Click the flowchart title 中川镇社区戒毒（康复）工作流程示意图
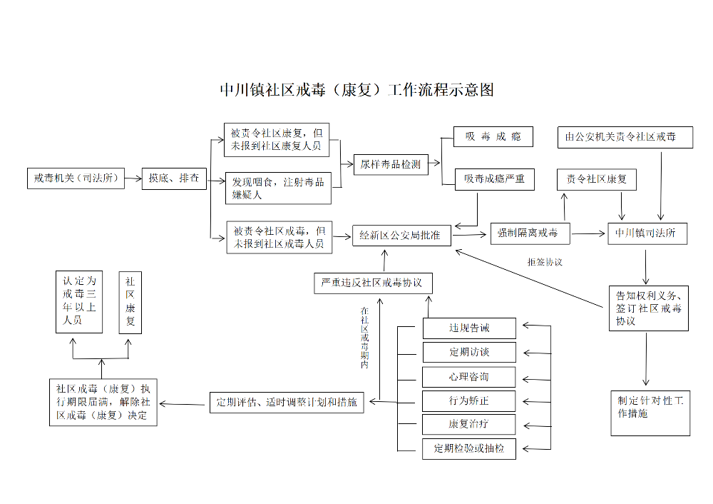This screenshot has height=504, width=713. tap(356, 90)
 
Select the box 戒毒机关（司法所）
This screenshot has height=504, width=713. tap(76, 178)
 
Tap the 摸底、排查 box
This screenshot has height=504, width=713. tap(174, 178)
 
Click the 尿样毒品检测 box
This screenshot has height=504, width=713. tap(390, 164)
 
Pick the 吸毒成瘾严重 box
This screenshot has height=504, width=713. tap(495, 178)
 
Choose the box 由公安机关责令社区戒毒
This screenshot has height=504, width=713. tap(625, 136)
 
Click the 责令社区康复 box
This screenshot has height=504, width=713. tap(596, 179)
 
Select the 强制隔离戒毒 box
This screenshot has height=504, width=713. tap(528, 233)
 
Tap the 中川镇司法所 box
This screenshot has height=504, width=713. tap(647, 233)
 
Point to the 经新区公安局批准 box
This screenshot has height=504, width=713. tap(401, 235)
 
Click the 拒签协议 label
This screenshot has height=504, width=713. tap(545, 262)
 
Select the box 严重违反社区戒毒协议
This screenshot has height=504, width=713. tap(373, 283)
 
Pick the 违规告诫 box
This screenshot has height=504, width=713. tap(469, 328)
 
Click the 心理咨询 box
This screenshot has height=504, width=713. tap(469, 376)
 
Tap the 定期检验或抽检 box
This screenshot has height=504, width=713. tap(469, 448)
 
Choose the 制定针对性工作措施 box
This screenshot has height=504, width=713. tap(650, 412)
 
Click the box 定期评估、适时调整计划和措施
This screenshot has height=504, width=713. tap(287, 402)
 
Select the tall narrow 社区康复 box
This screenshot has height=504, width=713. tap(130, 302)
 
